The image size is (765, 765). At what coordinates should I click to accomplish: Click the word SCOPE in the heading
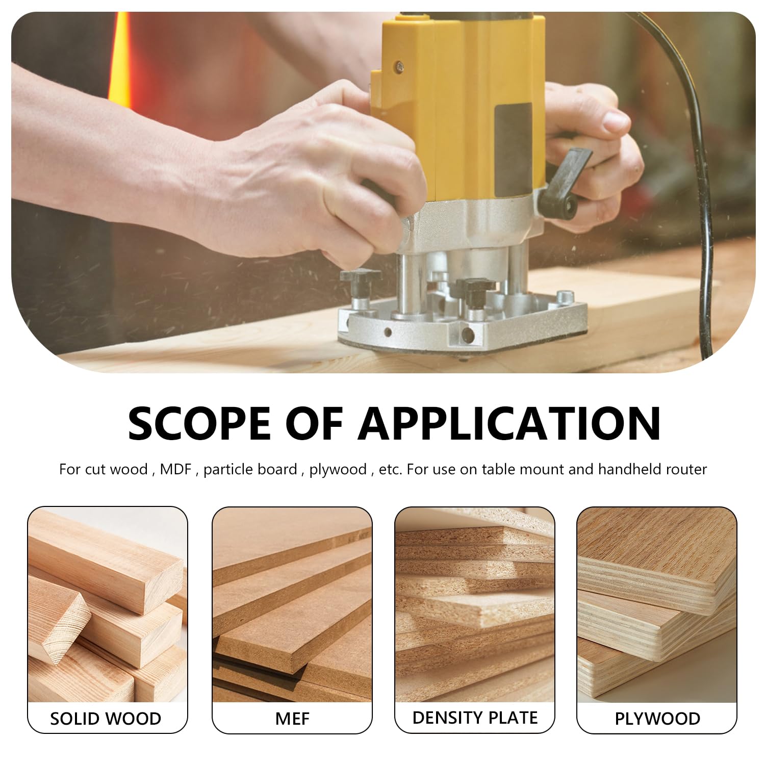(x=199, y=423)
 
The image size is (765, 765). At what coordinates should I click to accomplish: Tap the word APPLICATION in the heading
(x=509, y=423)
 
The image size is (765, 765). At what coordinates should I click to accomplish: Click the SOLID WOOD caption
(x=106, y=719)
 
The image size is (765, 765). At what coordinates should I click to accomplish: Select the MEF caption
(x=292, y=719)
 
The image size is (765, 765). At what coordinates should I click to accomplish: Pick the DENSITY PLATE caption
(x=475, y=718)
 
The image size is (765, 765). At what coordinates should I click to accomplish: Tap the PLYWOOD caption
(x=657, y=719)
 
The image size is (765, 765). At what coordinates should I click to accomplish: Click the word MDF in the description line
(x=175, y=469)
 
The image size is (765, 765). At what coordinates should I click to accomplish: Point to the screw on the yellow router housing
(x=400, y=65)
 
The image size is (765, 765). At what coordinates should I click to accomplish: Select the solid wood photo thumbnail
(x=108, y=605)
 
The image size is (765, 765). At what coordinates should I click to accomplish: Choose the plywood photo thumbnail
(x=657, y=605)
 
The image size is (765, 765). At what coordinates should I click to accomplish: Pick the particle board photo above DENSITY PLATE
(x=475, y=605)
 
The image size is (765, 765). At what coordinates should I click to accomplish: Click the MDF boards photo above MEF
(x=292, y=605)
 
